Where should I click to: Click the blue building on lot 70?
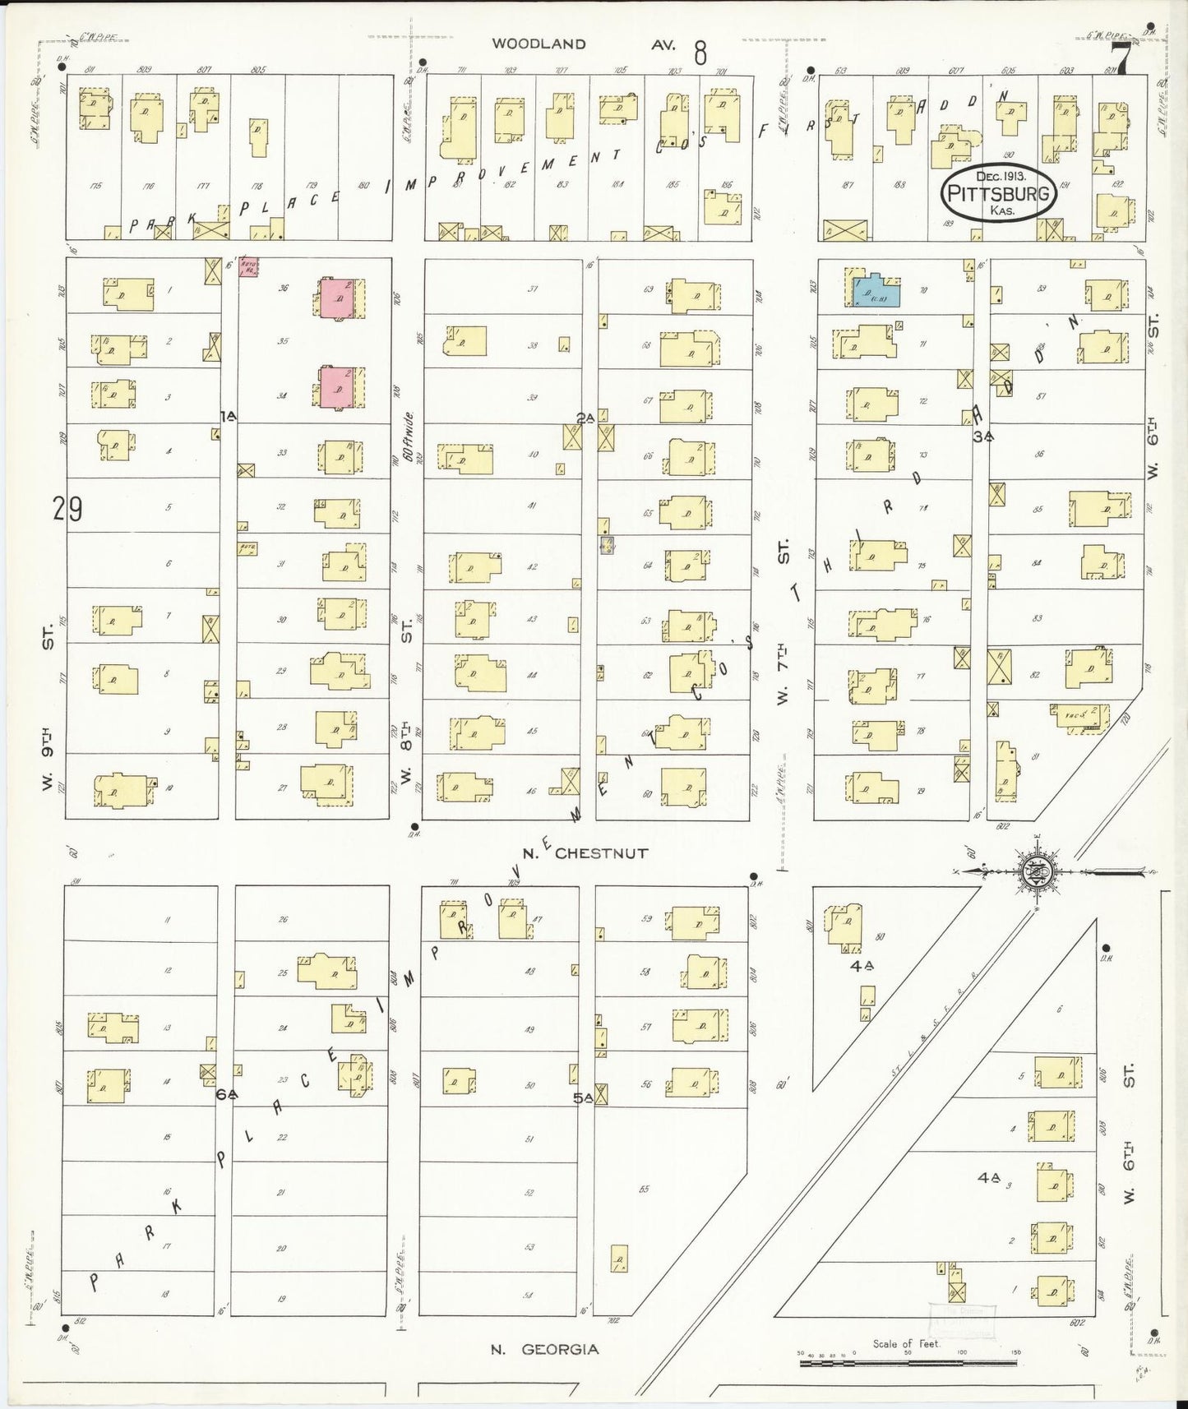click(x=876, y=291)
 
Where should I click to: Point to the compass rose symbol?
click(x=1038, y=872)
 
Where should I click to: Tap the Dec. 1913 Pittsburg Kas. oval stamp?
click(x=997, y=195)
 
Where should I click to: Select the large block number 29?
click(x=67, y=510)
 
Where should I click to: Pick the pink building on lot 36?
click(x=337, y=298)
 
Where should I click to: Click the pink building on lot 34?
click(x=337, y=386)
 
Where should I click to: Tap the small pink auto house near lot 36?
click(x=248, y=266)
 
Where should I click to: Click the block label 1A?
click(x=228, y=417)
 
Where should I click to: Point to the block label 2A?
click(x=585, y=418)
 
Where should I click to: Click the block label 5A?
click(x=583, y=1097)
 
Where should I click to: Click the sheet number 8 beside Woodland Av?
click(x=700, y=53)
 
